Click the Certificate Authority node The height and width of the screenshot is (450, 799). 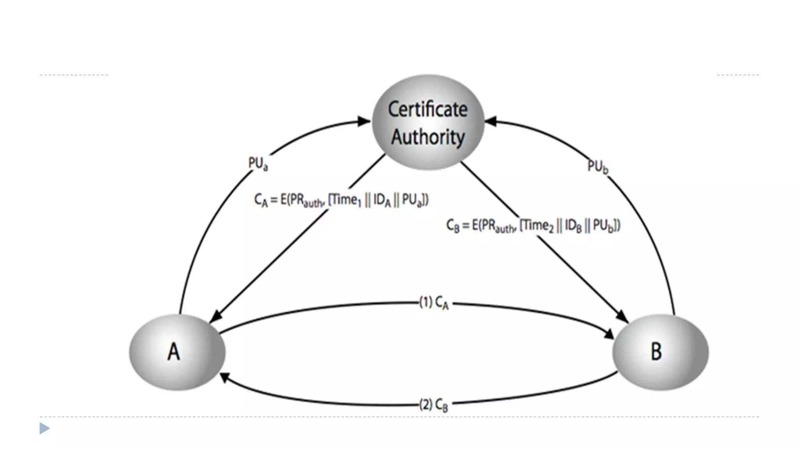pyautogui.click(x=428, y=122)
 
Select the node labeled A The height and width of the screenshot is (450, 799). pyautogui.click(x=177, y=352)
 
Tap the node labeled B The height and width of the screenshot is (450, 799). pyautogui.click(x=660, y=352)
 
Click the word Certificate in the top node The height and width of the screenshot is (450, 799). pyautogui.click(x=428, y=109)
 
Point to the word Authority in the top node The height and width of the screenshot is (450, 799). pyautogui.click(x=428, y=137)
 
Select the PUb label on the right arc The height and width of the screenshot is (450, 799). pyautogui.click(x=598, y=167)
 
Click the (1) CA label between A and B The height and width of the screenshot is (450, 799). pyautogui.click(x=434, y=303)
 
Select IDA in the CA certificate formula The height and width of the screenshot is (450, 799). pyautogui.click(x=382, y=201)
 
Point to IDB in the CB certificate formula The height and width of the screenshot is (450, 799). pyautogui.click(x=573, y=226)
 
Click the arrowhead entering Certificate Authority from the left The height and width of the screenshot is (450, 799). pyautogui.click(x=364, y=121)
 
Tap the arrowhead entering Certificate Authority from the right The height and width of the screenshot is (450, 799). pyautogui.click(x=490, y=121)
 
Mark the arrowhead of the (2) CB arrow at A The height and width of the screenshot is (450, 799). pyautogui.click(x=224, y=377)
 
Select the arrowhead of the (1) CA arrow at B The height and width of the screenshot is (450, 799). pyautogui.click(x=609, y=334)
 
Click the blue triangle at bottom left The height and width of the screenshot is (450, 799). pyautogui.click(x=44, y=429)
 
